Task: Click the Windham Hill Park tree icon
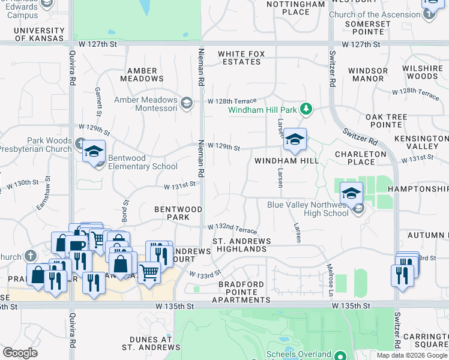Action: (x=307, y=109)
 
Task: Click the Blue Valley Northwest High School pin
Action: (x=352, y=193)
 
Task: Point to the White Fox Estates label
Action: (x=241, y=58)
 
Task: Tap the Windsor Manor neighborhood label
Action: (x=368, y=74)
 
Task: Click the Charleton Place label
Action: (x=360, y=157)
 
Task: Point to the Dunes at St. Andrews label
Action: (x=147, y=343)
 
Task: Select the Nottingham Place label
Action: (x=295, y=8)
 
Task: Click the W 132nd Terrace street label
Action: (x=232, y=229)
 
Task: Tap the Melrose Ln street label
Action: (x=330, y=271)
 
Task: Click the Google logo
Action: (x=20, y=353)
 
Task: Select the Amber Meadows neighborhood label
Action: (x=142, y=74)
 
